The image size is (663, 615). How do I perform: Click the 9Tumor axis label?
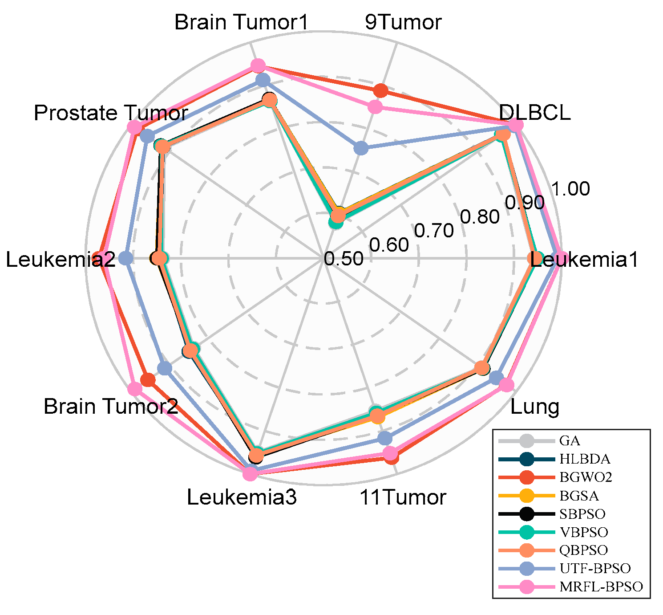coord(403,22)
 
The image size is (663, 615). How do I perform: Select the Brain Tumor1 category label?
coord(241,22)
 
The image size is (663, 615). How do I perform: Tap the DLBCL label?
coord(535,113)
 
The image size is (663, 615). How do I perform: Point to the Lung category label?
coord(534,407)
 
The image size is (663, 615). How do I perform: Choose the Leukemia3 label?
coord(242,497)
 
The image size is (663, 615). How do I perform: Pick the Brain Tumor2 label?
coord(111,407)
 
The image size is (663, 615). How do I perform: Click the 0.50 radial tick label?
coord(344,259)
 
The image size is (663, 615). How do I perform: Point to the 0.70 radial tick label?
coord(434,231)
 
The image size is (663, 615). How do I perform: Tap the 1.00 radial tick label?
coord(570,189)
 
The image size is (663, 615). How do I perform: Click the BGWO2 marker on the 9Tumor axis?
coord(380,90)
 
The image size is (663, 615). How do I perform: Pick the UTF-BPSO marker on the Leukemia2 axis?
coord(126,258)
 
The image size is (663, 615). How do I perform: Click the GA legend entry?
coord(570,441)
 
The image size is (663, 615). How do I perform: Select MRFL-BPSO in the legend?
coord(601,586)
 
